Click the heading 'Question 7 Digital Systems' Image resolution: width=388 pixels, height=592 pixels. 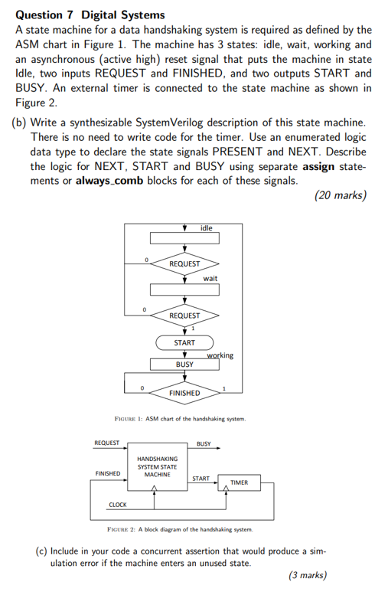point(90,15)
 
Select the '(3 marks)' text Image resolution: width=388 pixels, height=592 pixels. point(306,575)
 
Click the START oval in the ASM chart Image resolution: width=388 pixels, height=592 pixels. point(184,342)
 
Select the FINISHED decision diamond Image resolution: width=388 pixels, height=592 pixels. point(184,393)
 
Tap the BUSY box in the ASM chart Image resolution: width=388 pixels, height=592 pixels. point(184,365)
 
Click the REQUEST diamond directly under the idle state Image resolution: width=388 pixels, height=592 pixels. point(184,263)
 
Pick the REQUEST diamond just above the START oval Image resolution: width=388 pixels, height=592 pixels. point(184,316)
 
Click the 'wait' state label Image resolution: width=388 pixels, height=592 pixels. point(210,279)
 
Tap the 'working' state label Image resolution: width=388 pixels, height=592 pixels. point(220,355)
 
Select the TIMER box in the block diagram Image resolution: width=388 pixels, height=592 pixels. point(239,482)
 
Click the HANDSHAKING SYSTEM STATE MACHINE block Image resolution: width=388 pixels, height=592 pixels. point(157,466)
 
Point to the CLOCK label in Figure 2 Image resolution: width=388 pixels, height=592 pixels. point(118,504)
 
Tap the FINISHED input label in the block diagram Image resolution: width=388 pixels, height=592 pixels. point(106,473)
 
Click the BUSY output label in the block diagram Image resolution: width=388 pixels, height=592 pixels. point(204,443)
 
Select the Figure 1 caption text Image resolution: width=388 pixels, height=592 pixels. point(179,420)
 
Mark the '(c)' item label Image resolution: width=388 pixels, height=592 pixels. point(44,551)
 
